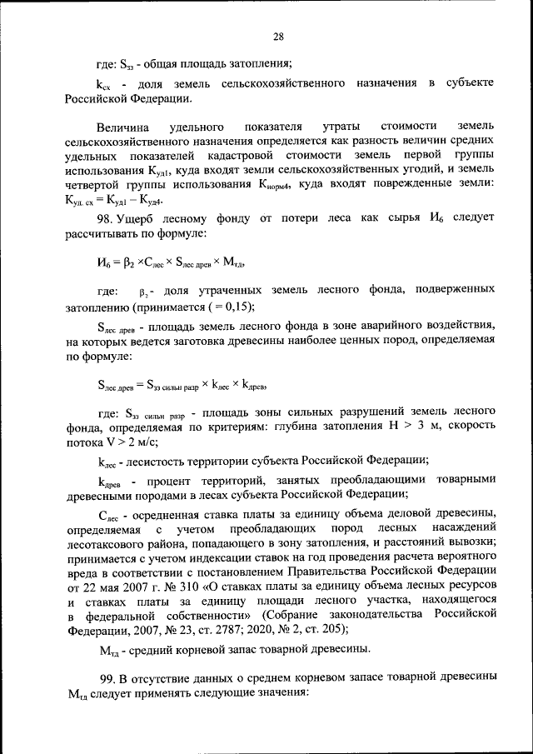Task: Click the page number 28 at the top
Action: click(x=278, y=36)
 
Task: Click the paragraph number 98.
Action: click(x=104, y=217)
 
